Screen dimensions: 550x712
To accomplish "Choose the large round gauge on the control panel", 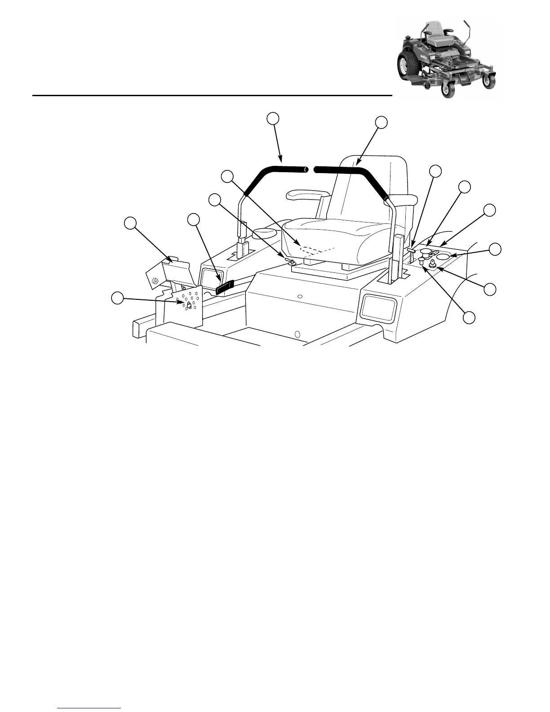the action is pyautogui.click(x=444, y=256).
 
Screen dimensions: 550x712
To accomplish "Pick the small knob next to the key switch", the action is pyautogui.click(x=422, y=259).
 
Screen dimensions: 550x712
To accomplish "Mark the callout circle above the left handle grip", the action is pyautogui.click(x=272, y=118).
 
